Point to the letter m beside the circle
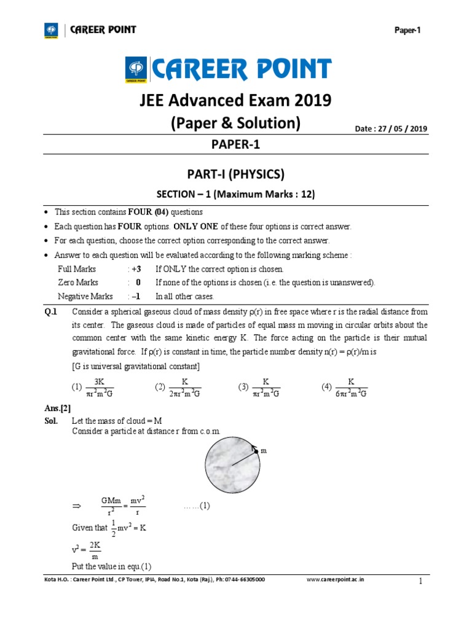pyautogui.click(x=264, y=451)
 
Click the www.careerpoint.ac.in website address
pyautogui.click(x=334, y=579)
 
